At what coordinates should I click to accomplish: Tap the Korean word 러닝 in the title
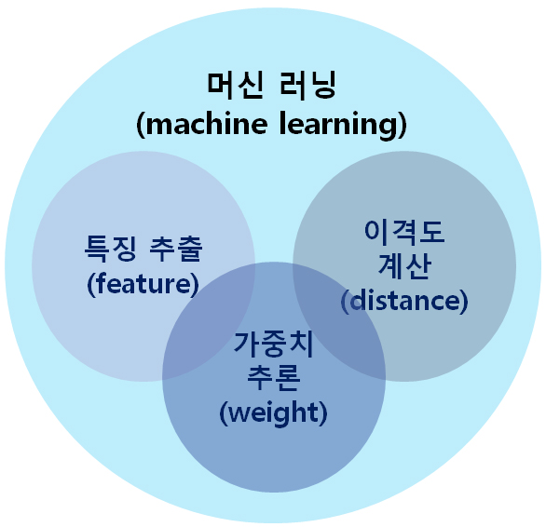tap(307, 85)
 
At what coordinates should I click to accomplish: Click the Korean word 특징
tap(110, 248)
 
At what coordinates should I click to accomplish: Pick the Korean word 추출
tap(176, 248)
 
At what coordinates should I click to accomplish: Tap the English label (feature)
tap(143, 284)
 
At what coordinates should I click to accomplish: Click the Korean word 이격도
tap(404, 232)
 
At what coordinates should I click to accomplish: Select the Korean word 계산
tap(404, 266)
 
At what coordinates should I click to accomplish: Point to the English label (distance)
tap(404, 302)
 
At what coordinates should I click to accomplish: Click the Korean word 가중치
tap(274, 344)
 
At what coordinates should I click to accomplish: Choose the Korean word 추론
tap(274, 378)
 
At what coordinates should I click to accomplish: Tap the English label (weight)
tap(274, 413)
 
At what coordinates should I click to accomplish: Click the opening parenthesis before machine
tap(141, 125)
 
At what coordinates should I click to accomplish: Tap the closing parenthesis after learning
tap(402, 125)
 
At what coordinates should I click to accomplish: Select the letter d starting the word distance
tap(358, 301)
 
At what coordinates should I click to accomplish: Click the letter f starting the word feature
tap(101, 283)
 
